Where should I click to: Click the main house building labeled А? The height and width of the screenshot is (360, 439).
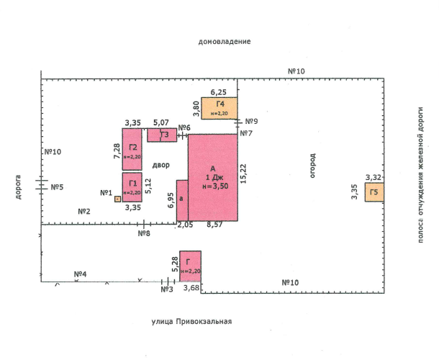(213, 176)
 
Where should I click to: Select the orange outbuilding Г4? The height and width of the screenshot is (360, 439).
(219, 108)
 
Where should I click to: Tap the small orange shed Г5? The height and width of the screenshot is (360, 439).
(374, 192)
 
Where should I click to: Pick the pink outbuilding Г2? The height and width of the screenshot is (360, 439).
(132, 149)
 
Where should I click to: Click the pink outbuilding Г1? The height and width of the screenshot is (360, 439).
(132, 187)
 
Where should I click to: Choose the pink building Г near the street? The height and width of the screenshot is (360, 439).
(190, 266)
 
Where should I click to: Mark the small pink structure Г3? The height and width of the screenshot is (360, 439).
(162, 135)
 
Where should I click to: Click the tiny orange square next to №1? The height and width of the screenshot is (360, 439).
(118, 199)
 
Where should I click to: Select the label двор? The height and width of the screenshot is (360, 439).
(161, 165)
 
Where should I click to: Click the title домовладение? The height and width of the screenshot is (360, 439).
(225, 42)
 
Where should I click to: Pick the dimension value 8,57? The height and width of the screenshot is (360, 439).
(215, 226)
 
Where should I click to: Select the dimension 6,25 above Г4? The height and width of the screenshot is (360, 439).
(218, 92)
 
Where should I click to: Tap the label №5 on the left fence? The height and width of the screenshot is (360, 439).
(58, 187)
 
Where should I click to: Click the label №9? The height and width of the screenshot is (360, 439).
(252, 121)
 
